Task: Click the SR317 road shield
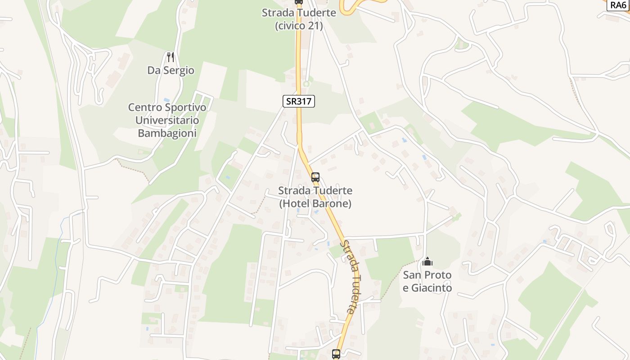click(x=298, y=101)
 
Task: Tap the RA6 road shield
click(x=618, y=5)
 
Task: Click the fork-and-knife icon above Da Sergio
click(x=170, y=57)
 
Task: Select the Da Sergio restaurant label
click(x=171, y=70)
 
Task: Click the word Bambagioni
click(x=167, y=133)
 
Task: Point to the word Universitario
click(x=167, y=120)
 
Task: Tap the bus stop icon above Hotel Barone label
click(x=315, y=177)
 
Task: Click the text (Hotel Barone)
click(x=315, y=203)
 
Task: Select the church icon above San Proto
click(x=427, y=261)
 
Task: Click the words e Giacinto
click(x=427, y=288)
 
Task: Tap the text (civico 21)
click(x=299, y=26)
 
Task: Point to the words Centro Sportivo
click(x=167, y=107)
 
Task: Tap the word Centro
click(x=145, y=107)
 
